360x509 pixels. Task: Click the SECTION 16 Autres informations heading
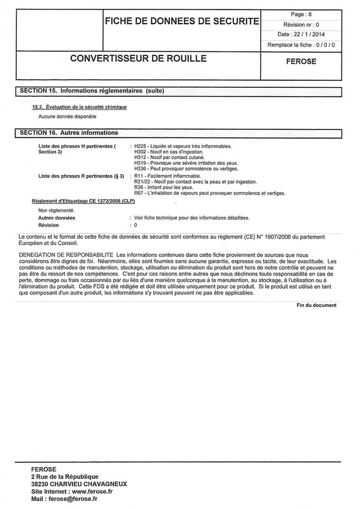[x=66, y=133]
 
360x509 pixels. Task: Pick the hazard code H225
[x=140, y=146]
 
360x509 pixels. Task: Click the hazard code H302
[x=140, y=152]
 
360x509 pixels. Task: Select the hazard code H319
[x=140, y=164]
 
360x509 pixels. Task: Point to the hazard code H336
[x=140, y=169]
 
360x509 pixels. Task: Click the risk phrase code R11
[x=138, y=176]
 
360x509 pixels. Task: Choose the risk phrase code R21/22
[x=142, y=181]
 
